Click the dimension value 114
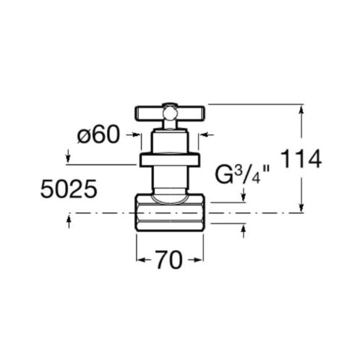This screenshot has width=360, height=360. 301,159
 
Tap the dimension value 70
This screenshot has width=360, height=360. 168,260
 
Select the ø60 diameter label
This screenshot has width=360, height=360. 98,135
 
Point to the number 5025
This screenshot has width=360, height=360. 69,189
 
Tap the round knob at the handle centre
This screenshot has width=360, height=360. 169,113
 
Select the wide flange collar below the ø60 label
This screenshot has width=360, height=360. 170,160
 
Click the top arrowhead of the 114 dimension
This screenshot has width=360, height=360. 301,109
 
